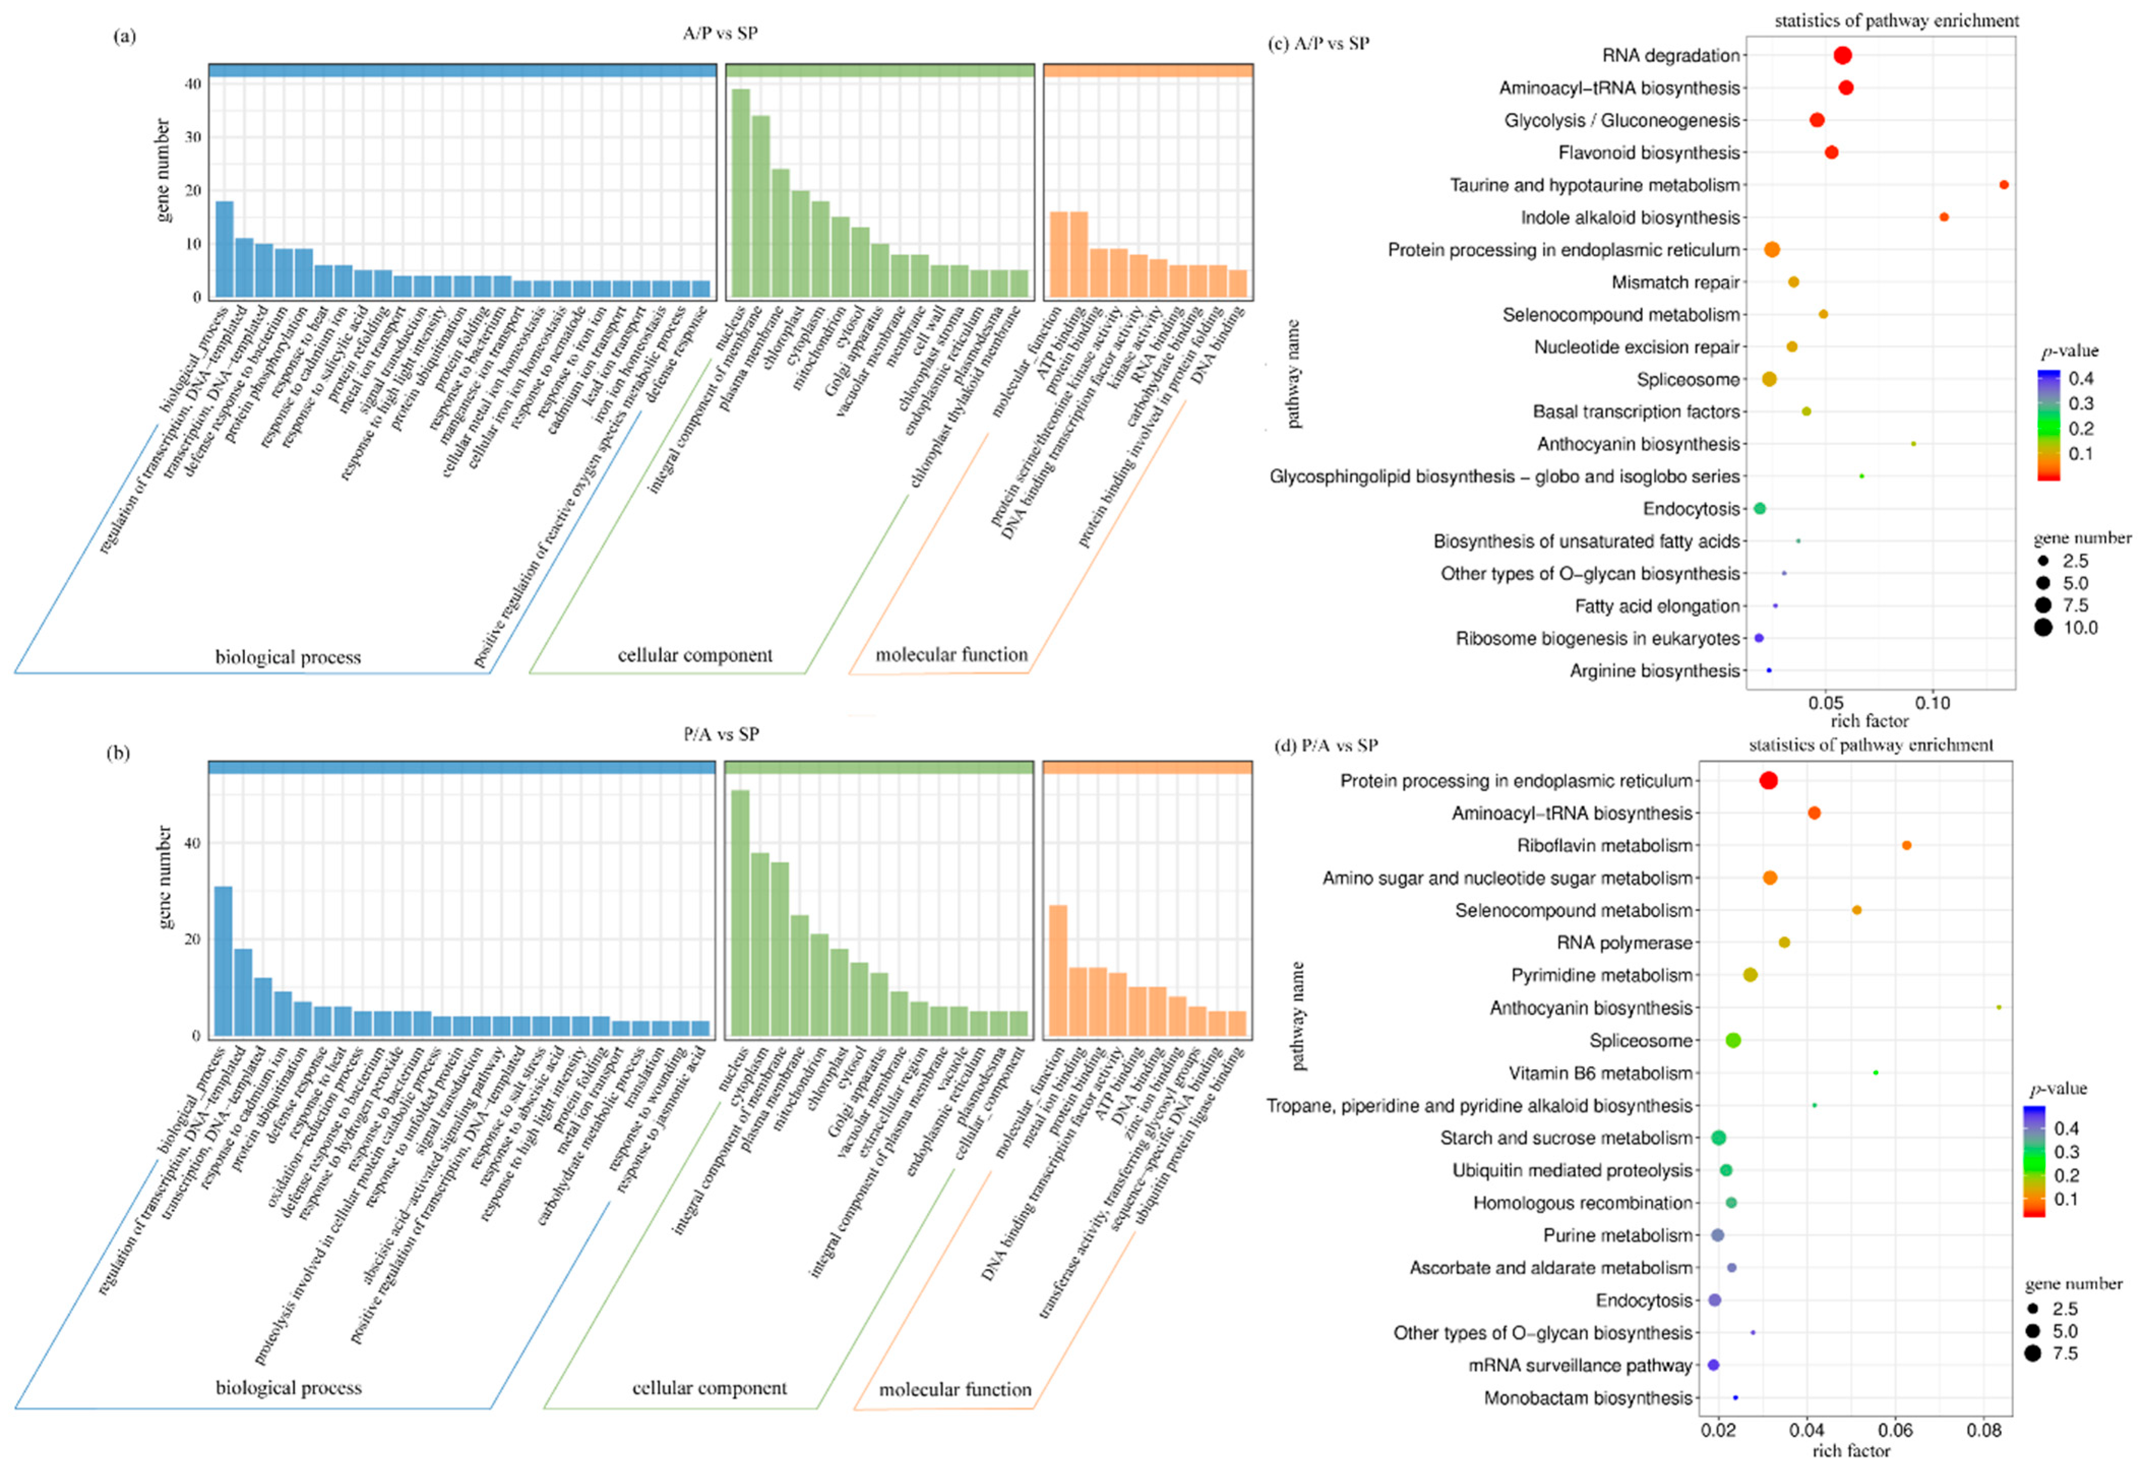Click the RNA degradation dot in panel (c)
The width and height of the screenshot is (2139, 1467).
pos(1843,55)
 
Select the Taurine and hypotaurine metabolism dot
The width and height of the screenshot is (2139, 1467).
pos(2004,185)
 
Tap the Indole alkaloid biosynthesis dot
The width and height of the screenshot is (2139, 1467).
pos(1944,217)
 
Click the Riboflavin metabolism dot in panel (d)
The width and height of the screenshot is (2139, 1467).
pos(1906,845)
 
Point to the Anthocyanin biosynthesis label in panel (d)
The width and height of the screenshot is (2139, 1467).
pos(1591,1008)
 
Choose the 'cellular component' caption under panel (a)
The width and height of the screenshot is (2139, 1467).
pos(695,656)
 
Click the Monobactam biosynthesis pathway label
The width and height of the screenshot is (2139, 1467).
pos(1588,1398)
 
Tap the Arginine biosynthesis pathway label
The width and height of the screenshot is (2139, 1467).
pos(1654,671)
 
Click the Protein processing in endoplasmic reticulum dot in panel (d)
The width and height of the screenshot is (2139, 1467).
pos(1768,781)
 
